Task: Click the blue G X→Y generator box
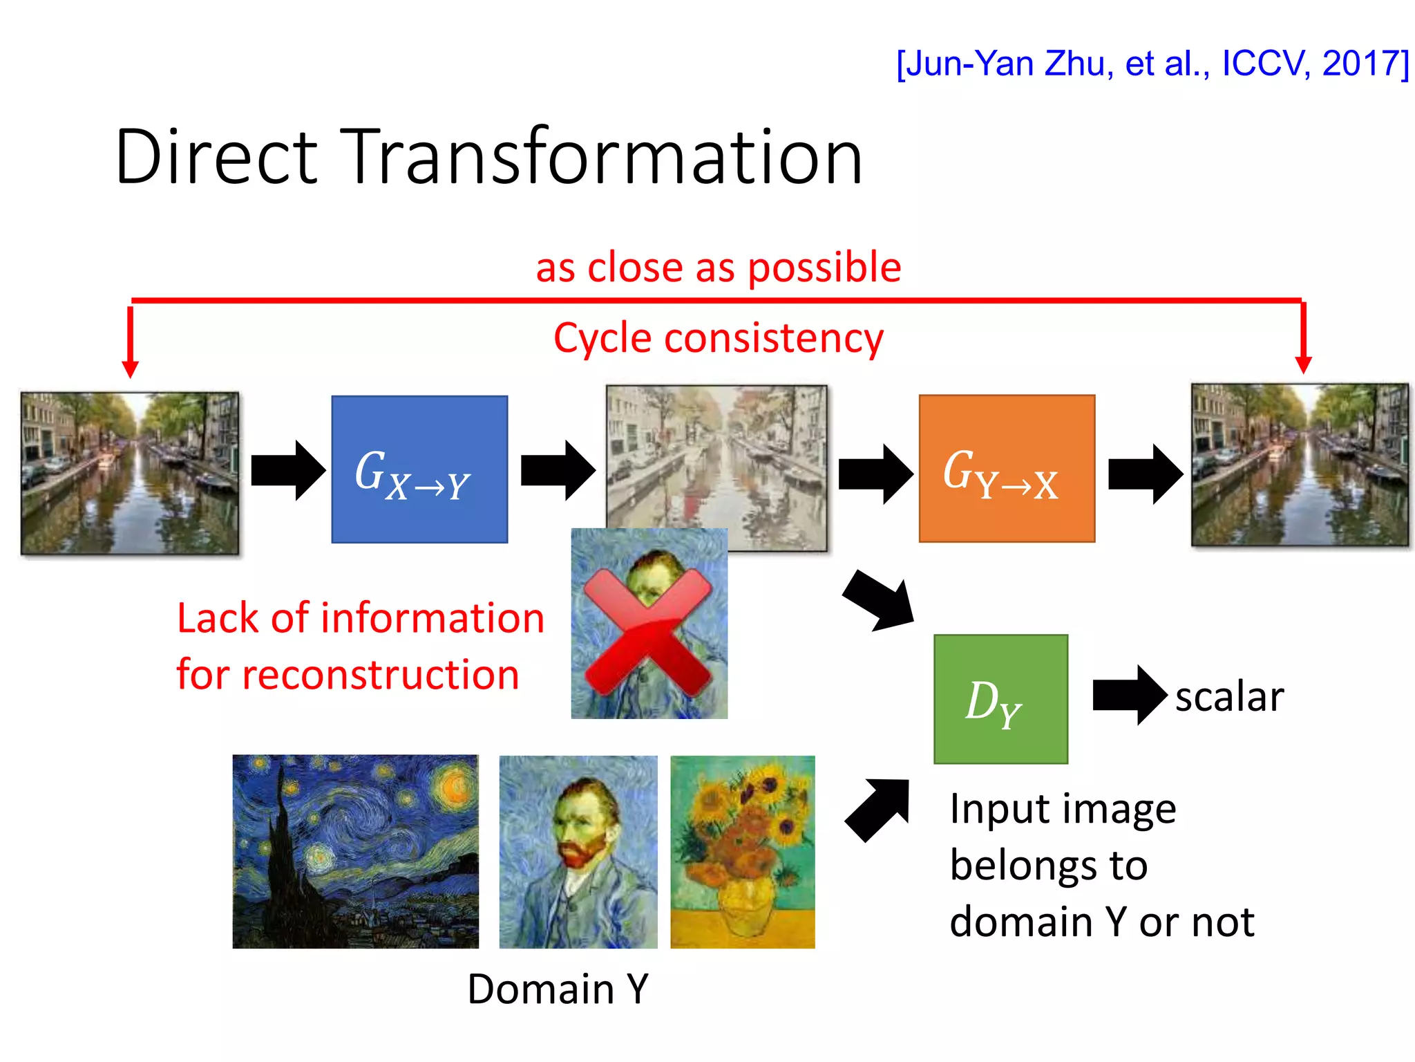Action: click(x=419, y=469)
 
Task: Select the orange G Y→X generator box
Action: click(x=1007, y=469)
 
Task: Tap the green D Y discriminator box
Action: click(x=1000, y=699)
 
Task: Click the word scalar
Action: click(x=1229, y=696)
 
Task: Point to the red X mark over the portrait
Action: click(x=648, y=631)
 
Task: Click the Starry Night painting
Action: click(x=355, y=851)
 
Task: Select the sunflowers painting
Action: click(x=743, y=851)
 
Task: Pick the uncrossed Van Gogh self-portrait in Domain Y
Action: click(x=578, y=851)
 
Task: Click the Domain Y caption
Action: click(x=558, y=989)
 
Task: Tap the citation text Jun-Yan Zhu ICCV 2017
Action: click(x=1152, y=64)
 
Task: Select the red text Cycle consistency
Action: click(x=719, y=339)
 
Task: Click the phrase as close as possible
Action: click(x=719, y=268)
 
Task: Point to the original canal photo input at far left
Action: click(x=130, y=474)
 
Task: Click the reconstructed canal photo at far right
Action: click(x=1300, y=465)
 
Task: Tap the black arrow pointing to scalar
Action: click(x=1129, y=695)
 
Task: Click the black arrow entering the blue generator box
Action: click(x=287, y=470)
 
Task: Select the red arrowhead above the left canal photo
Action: click(x=130, y=368)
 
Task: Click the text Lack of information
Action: click(x=361, y=618)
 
